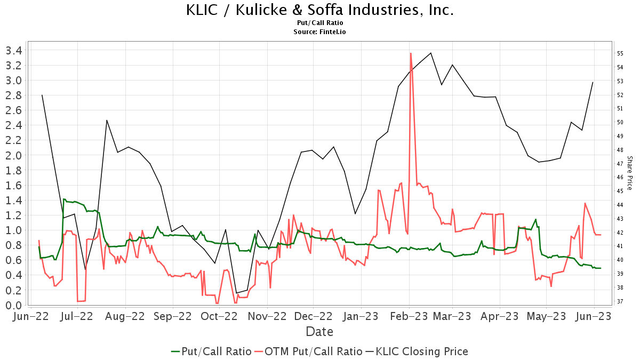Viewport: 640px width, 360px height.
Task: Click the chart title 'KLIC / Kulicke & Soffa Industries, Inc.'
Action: pyautogui.click(x=320, y=10)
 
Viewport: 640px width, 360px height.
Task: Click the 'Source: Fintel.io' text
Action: pyautogui.click(x=320, y=32)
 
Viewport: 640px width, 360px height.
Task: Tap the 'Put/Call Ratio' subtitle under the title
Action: pyautogui.click(x=320, y=23)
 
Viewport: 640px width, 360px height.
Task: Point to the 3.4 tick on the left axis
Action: pyautogui.click(x=13, y=51)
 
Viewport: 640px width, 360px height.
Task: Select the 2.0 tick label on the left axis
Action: pyautogui.click(x=13, y=155)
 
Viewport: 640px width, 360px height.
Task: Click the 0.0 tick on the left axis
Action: pyautogui.click(x=13, y=305)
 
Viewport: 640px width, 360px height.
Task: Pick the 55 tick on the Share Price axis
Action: pyautogui.click(x=620, y=53)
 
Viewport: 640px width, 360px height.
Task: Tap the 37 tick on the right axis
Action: pyautogui.click(x=620, y=301)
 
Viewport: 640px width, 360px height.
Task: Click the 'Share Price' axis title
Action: pyautogui.click(x=630, y=173)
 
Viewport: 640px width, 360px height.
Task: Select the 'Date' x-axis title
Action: pyautogui.click(x=319, y=332)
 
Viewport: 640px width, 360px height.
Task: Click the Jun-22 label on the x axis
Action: pyautogui.click(x=30, y=316)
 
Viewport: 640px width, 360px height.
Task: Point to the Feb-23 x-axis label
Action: pyautogui.click(x=409, y=316)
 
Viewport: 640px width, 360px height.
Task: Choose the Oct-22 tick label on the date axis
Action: pyautogui.click(x=219, y=316)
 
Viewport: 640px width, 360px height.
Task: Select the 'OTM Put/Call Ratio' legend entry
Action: pyautogui.click(x=308, y=351)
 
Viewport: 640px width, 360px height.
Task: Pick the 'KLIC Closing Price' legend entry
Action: pyautogui.click(x=417, y=351)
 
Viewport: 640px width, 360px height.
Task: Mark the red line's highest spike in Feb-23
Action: pyautogui.click(x=411, y=53)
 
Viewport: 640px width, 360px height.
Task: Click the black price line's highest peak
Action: pyautogui.click(x=431, y=53)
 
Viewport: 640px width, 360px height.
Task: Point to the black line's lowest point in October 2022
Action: pyautogui.click(x=236, y=293)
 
